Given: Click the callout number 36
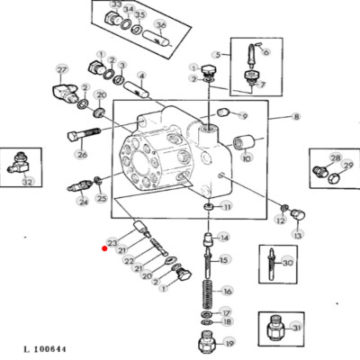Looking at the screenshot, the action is [161, 24].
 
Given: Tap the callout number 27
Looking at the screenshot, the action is [62, 70].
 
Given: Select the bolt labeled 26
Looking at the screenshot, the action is [84, 135].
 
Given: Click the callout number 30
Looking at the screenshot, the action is [287, 263].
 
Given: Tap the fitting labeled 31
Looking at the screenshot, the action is [275, 328].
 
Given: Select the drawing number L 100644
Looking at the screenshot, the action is [45, 349].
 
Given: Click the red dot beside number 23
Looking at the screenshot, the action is [104, 248].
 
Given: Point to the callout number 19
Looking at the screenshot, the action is [229, 343].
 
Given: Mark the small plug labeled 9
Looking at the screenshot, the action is [223, 113].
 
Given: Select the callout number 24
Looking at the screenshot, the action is [83, 202].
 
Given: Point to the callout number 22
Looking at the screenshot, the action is [129, 261].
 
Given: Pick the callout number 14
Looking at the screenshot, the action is [224, 238].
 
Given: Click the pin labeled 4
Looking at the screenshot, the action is [137, 89].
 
